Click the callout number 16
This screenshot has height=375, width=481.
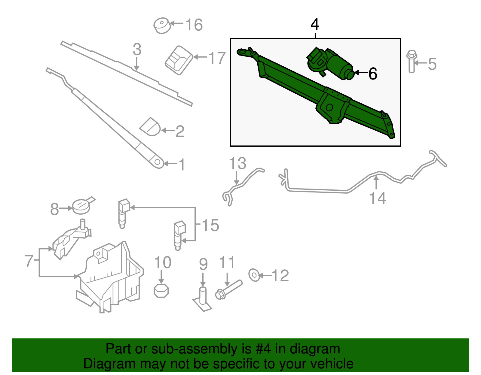tap(194, 25)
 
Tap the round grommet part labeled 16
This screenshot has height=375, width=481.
tap(162, 26)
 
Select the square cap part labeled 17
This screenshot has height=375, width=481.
tap(179, 60)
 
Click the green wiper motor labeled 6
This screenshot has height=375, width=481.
tap(331, 64)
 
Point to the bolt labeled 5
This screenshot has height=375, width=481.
tap(412, 61)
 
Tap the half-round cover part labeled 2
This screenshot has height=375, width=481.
tap(150, 127)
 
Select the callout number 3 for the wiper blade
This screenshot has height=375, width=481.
tap(137, 50)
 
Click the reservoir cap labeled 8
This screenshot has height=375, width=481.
tap(81, 207)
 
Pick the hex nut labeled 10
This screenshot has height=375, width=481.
tap(161, 290)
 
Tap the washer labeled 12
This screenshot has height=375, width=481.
tap(254, 275)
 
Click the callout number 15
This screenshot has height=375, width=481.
tap(210, 225)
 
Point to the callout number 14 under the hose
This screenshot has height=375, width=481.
tap(377, 198)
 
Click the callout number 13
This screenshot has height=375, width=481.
tap(237, 164)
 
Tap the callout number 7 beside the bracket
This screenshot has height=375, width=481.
tap(29, 260)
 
